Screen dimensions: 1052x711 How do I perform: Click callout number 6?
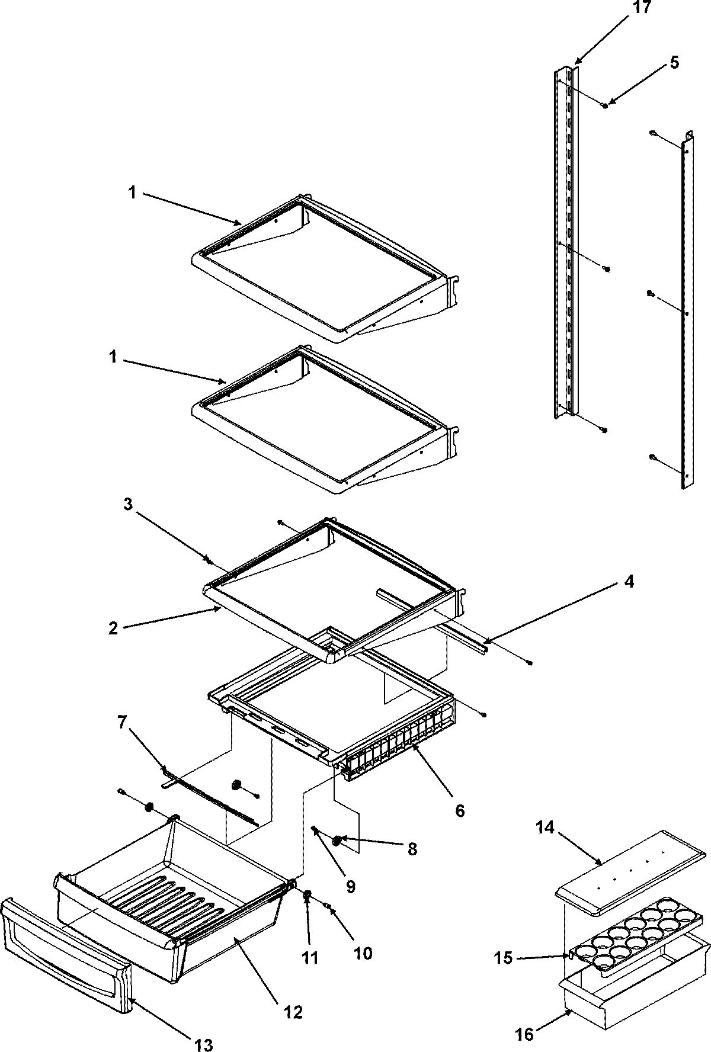coord(459,810)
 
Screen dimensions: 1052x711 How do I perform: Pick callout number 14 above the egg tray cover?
coord(545,828)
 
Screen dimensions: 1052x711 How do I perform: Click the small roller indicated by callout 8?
coord(337,839)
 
